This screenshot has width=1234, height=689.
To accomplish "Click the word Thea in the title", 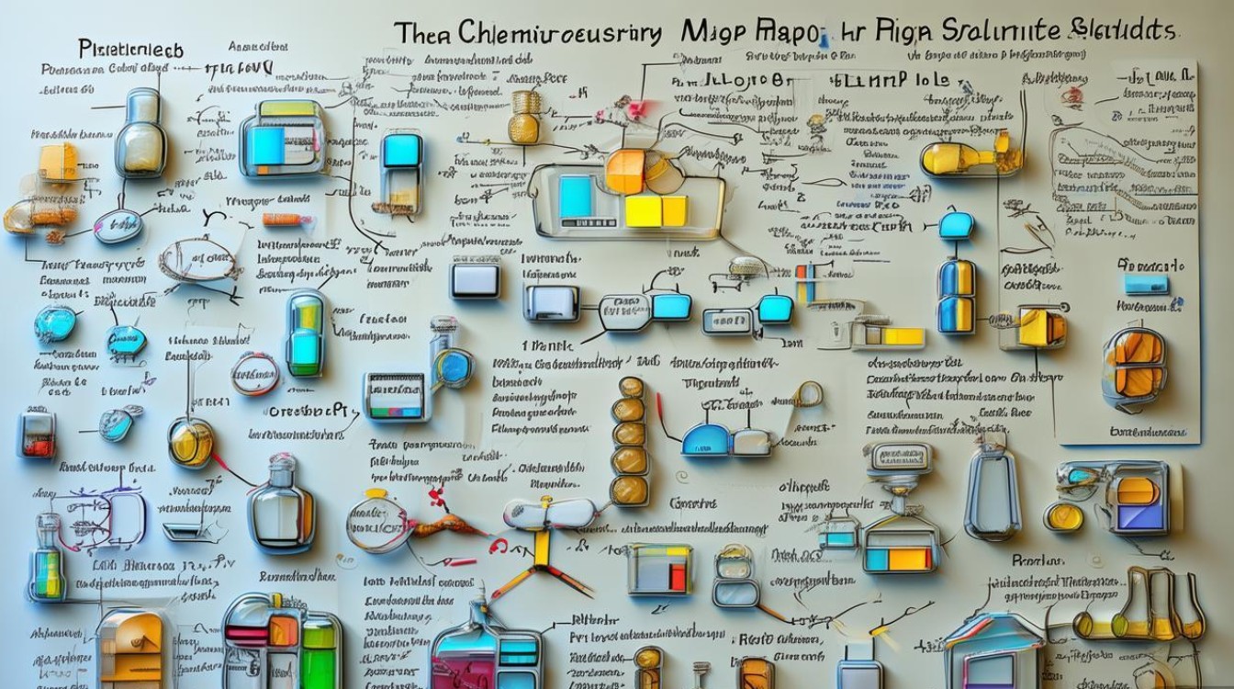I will point(426,33).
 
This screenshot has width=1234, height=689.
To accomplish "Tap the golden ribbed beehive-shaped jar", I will point(525,117).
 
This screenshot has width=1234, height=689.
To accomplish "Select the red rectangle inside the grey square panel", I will point(678,575).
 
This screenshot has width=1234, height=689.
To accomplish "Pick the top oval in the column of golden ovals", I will point(631,388).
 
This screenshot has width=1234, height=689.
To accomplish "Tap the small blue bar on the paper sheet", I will point(1147,285).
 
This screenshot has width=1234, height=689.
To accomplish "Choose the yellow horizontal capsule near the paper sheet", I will point(970,159).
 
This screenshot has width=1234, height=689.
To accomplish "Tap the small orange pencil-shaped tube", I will point(281,220).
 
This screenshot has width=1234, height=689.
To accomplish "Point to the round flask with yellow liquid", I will point(191,443).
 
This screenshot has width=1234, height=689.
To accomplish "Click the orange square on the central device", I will point(626,171).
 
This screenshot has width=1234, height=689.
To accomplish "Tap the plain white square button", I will point(475,278).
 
